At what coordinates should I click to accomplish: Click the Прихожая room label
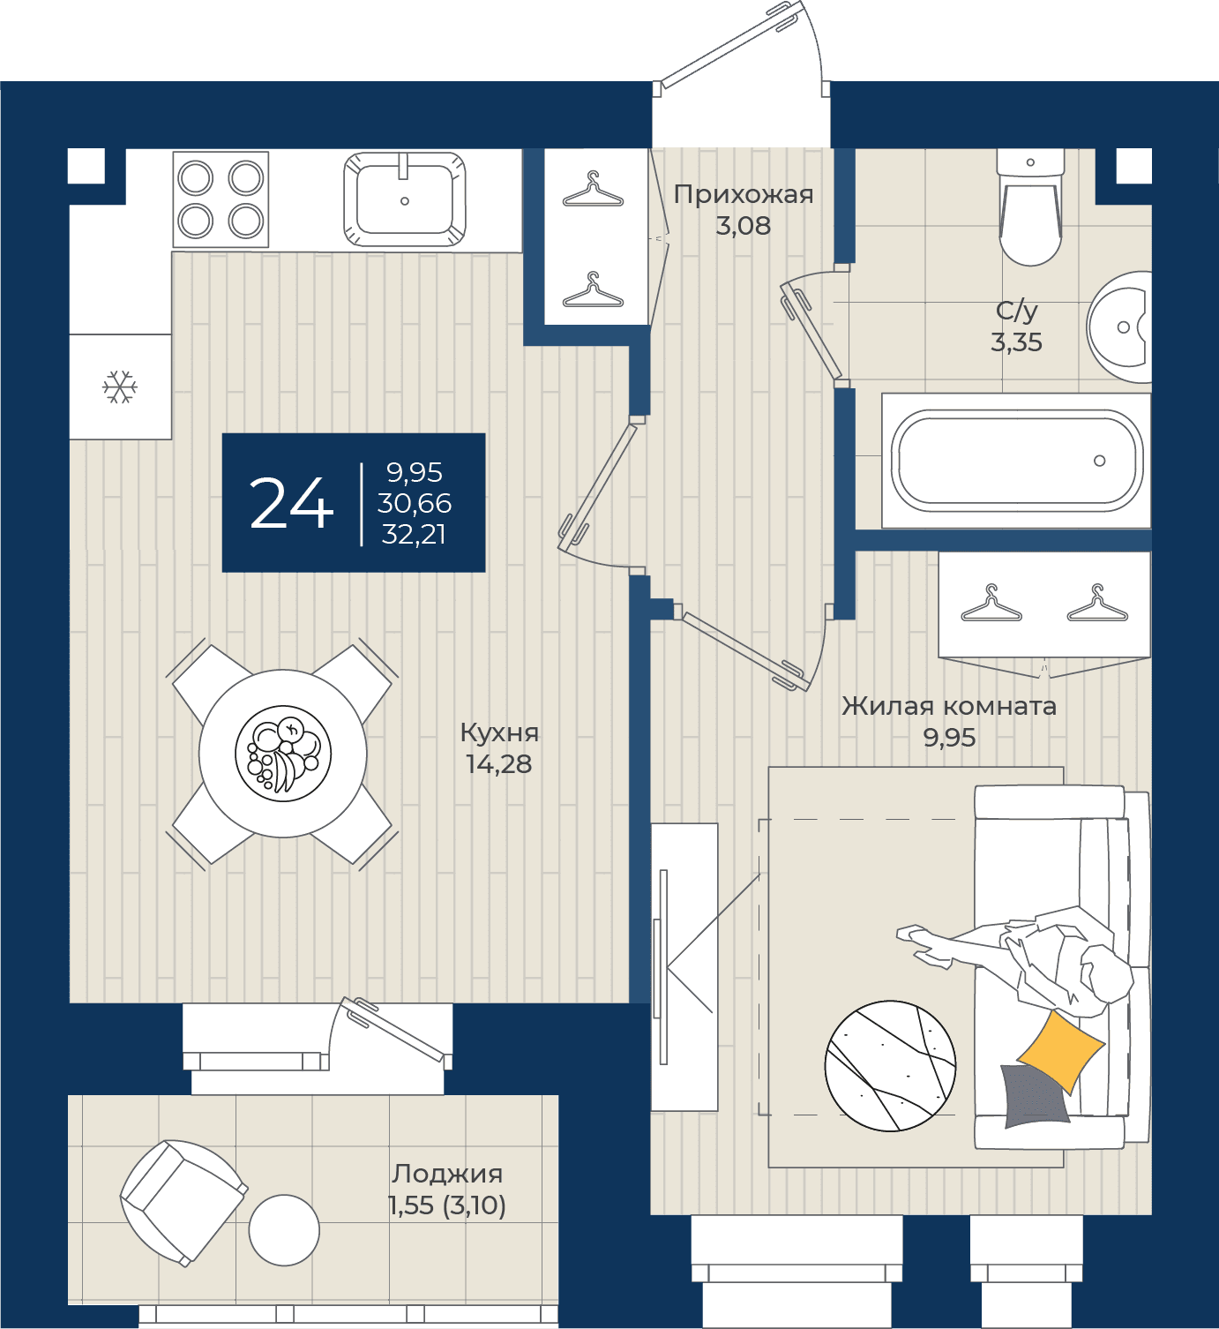[744, 195]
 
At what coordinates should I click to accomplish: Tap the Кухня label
[499, 732]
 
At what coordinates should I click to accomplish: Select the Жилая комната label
[949, 706]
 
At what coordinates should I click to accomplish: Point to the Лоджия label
[447, 1174]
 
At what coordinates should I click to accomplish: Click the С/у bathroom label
[1016, 310]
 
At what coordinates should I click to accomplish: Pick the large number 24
[291, 504]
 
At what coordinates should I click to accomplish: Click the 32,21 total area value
[414, 534]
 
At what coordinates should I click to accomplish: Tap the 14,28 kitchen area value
[499, 764]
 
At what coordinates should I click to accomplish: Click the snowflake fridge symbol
[120, 387]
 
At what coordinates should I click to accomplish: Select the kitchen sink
[404, 199]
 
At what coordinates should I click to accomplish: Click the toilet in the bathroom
[1030, 206]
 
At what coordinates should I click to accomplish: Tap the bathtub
[1016, 461]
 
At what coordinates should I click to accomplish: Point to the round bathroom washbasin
[1119, 327]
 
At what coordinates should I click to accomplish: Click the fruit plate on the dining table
[283, 754]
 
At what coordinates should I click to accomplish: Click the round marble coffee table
[890, 1066]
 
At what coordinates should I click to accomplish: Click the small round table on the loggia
[284, 1230]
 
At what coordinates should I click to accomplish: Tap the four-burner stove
[221, 199]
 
